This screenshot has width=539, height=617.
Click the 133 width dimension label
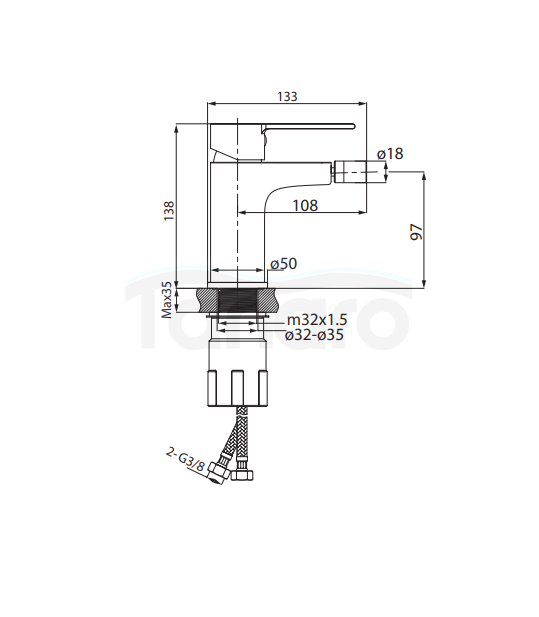(x=287, y=96)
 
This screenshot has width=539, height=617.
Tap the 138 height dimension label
(x=169, y=211)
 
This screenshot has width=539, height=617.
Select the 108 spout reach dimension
(x=305, y=205)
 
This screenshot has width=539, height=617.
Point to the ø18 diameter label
(x=390, y=153)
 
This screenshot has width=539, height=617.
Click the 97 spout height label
(x=416, y=232)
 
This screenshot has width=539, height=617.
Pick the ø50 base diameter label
(x=283, y=264)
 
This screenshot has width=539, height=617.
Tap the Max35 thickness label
(x=167, y=299)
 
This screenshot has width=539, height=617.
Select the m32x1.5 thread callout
(x=317, y=320)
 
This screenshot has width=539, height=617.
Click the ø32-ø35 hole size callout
(x=314, y=335)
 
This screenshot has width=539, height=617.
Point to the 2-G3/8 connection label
(x=185, y=459)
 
